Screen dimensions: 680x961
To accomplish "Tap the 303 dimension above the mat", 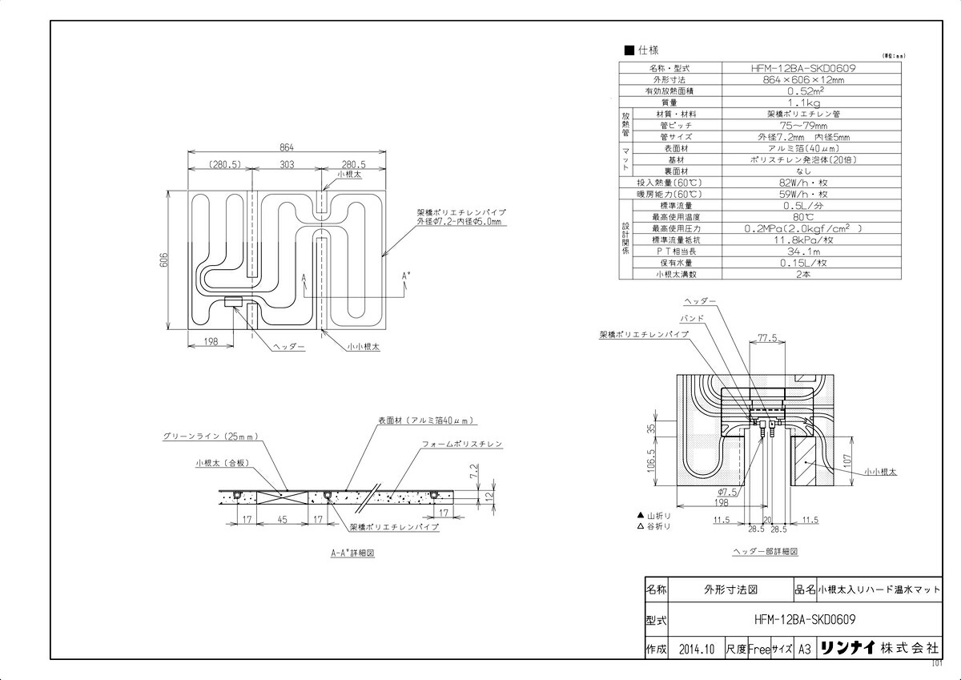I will (287, 164).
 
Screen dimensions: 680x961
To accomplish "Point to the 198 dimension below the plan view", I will (211, 341).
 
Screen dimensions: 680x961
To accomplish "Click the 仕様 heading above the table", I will (647, 50).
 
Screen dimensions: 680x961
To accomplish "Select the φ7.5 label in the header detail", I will (727, 491).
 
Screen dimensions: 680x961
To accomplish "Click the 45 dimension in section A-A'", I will (283, 519).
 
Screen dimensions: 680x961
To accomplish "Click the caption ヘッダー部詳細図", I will (765, 552).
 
